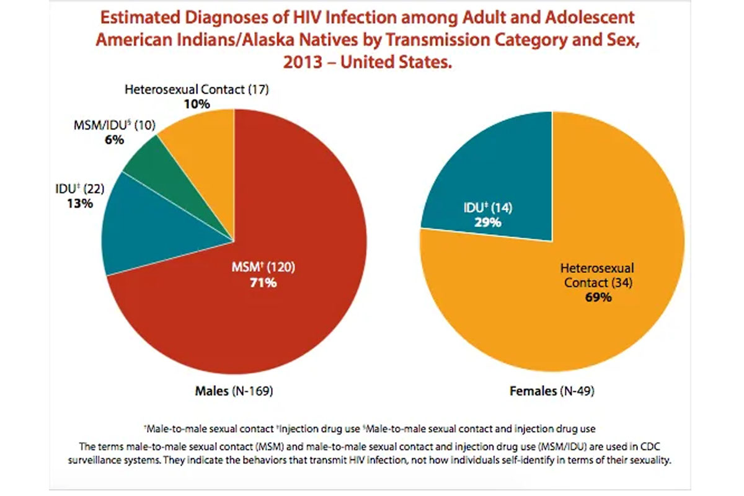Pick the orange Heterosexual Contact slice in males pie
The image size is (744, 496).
point(205,143)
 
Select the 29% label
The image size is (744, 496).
point(488,222)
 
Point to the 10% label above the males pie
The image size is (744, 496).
point(197,104)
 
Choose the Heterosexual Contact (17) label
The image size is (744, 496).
point(197,90)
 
